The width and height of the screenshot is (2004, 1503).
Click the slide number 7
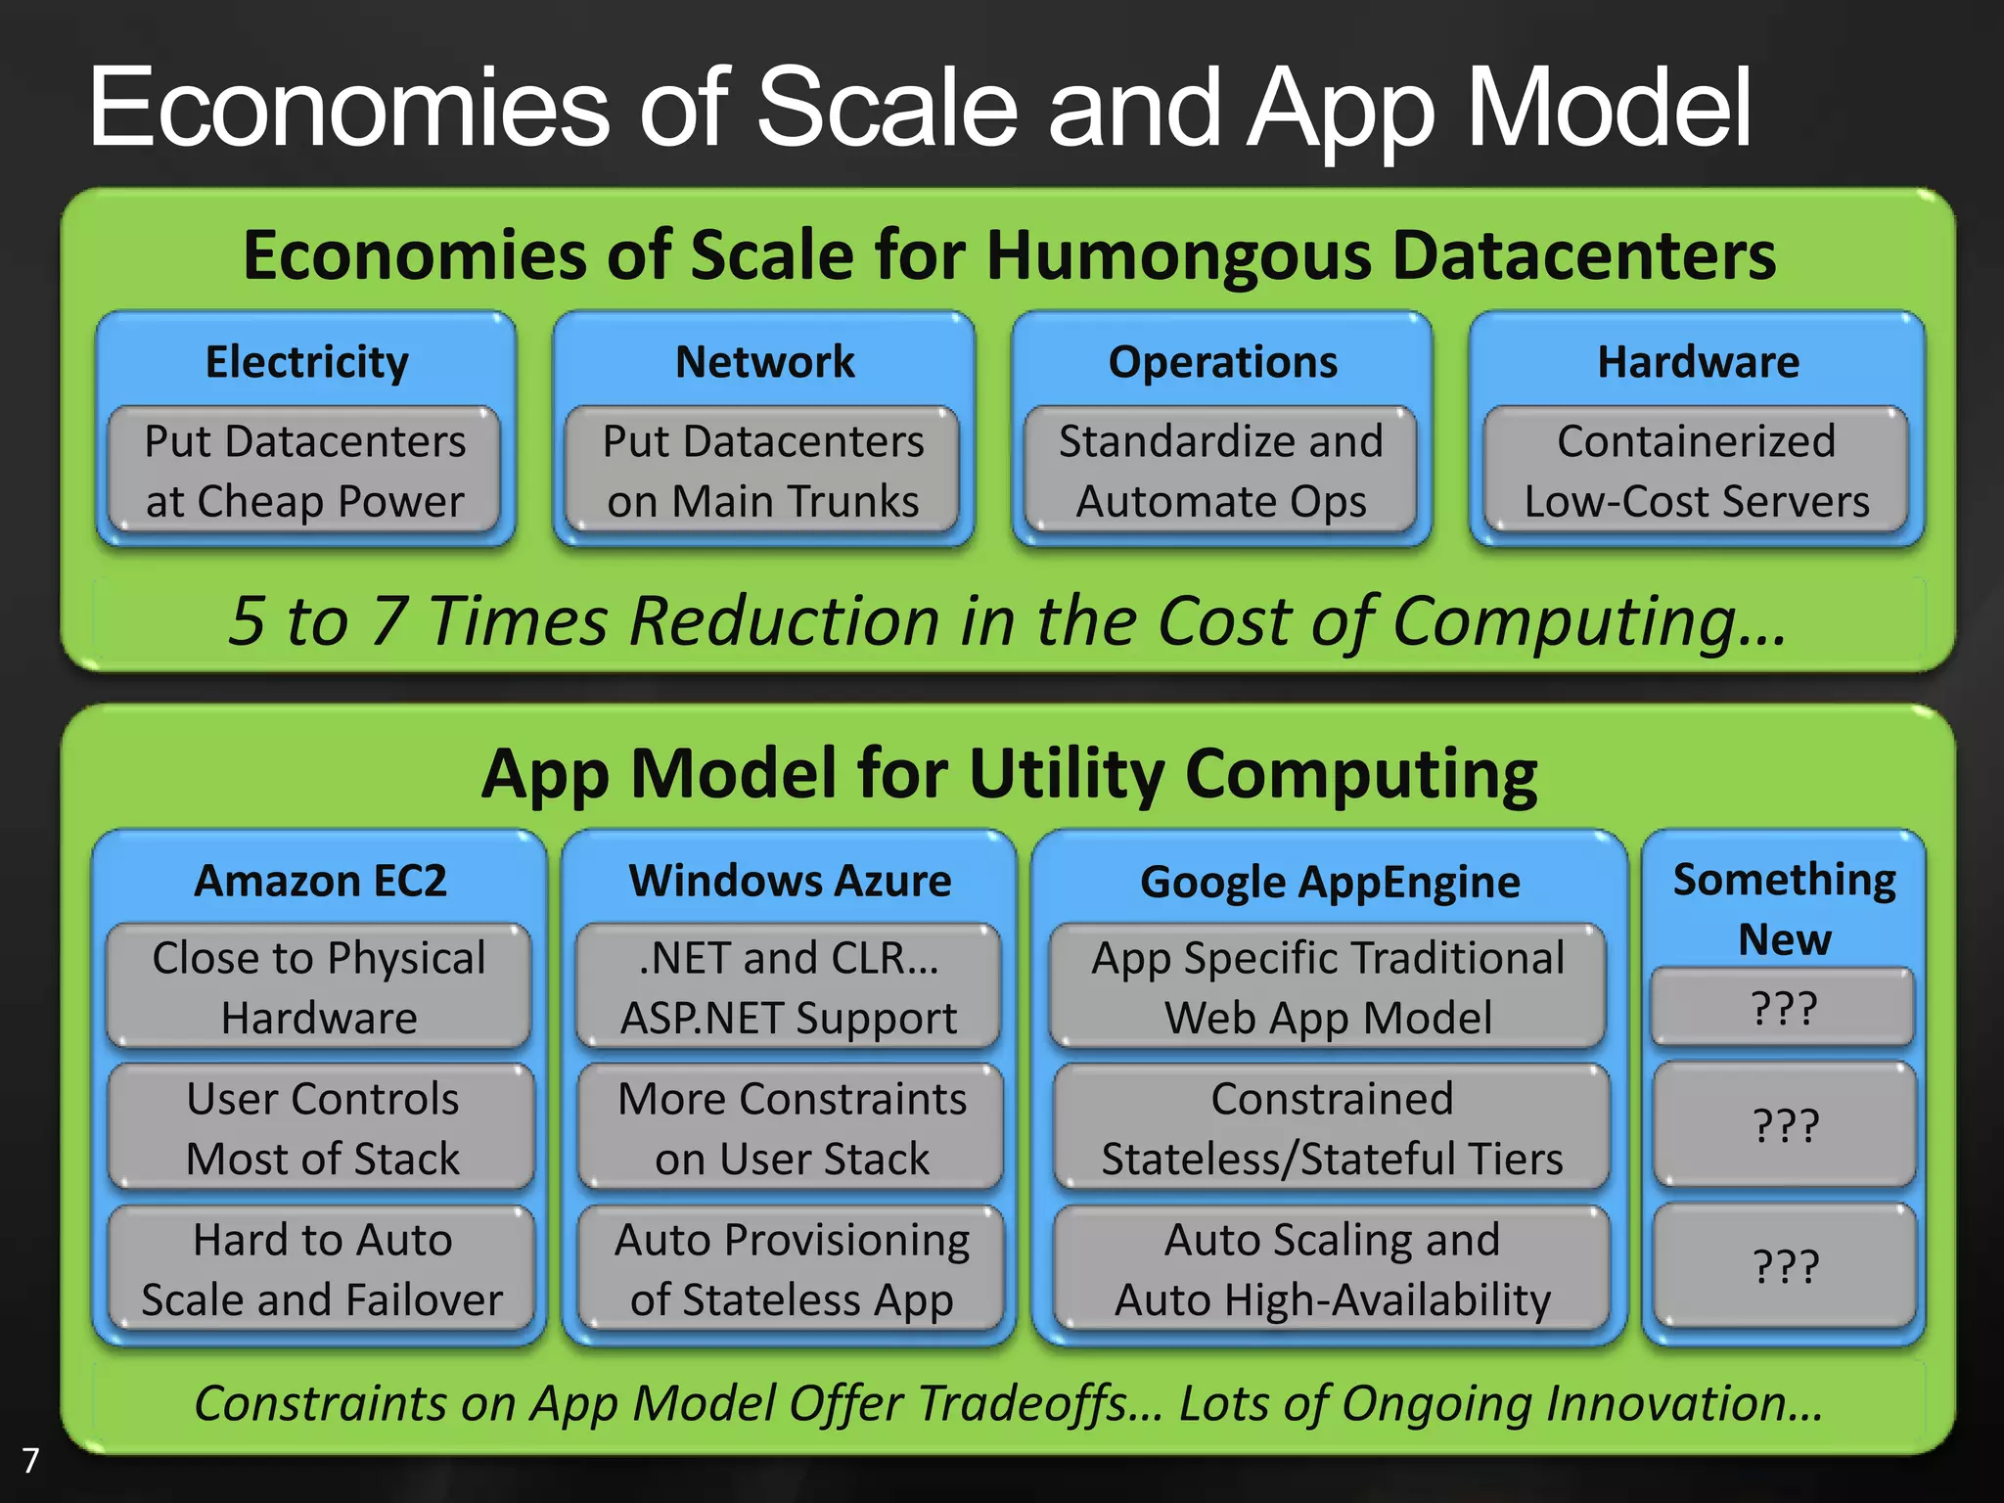(x=30, y=1460)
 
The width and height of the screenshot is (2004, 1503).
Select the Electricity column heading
(x=306, y=362)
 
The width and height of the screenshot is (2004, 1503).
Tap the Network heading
(x=764, y=362)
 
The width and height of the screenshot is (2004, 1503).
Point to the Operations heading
(x=1222, y=362)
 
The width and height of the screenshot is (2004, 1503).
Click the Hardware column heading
(x=1698, y=362)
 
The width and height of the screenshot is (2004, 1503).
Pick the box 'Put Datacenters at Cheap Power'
(x=304, y=471)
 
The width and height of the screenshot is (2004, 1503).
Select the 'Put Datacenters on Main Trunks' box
(x=762, y=471)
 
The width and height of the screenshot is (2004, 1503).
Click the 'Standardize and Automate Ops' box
(x=1220, y=471)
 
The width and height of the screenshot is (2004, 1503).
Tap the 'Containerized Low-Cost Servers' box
(x=1696, y=471)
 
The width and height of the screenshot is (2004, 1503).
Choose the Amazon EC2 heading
(x=320, y=881)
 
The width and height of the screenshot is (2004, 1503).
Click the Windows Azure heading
(x=790, y=881)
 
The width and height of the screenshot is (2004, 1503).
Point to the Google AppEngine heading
(x=1330, y=882)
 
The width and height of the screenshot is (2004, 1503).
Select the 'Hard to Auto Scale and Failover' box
(x=321, y=1269)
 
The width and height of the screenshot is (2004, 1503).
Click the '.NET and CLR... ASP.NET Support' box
(x=789, y=987)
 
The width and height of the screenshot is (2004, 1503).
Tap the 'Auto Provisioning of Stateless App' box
(x=791, y=1269)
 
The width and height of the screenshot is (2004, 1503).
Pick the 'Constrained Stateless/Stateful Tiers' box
(x=1332, y=1128)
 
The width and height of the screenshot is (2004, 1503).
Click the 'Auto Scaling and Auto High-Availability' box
(x=1332, y=1269)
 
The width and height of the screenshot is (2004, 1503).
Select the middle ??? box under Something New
(x=1785, y=1125)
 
